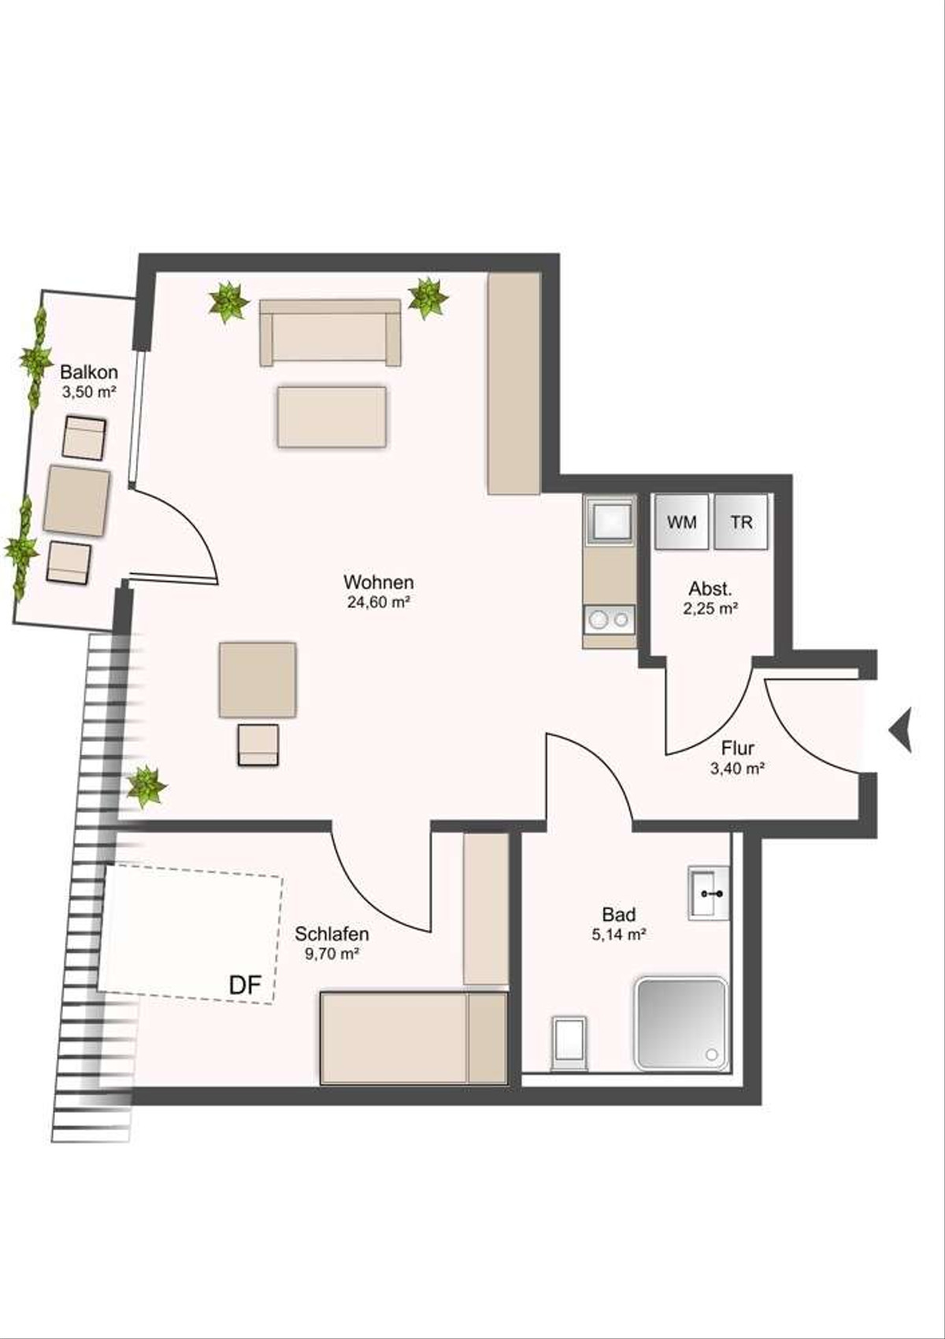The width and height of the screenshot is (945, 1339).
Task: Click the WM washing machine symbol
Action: pos(681,521)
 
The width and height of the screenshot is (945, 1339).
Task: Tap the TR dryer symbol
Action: pos(741,521)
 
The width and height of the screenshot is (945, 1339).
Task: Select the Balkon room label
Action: pos(89,373)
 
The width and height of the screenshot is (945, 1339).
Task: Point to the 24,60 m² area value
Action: pos(378,602)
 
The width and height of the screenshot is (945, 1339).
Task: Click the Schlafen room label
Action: pos(332,933)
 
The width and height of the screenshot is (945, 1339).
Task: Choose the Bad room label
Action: pos(619,914)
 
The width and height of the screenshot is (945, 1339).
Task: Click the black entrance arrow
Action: pos(900,730)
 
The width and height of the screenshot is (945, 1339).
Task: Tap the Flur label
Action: pos(738,748)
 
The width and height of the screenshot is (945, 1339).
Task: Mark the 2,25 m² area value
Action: pos(710,609)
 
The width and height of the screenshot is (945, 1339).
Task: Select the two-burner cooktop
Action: pos(610,618)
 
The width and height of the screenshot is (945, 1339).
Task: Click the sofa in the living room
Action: pos(330,332)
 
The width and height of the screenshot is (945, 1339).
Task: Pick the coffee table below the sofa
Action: pos(332,417)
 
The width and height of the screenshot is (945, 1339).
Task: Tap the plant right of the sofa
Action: pos(428,298)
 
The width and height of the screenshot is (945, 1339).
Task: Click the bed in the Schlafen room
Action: pos(413,1038)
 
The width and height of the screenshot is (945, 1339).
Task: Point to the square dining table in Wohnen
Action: pos(258,680)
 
